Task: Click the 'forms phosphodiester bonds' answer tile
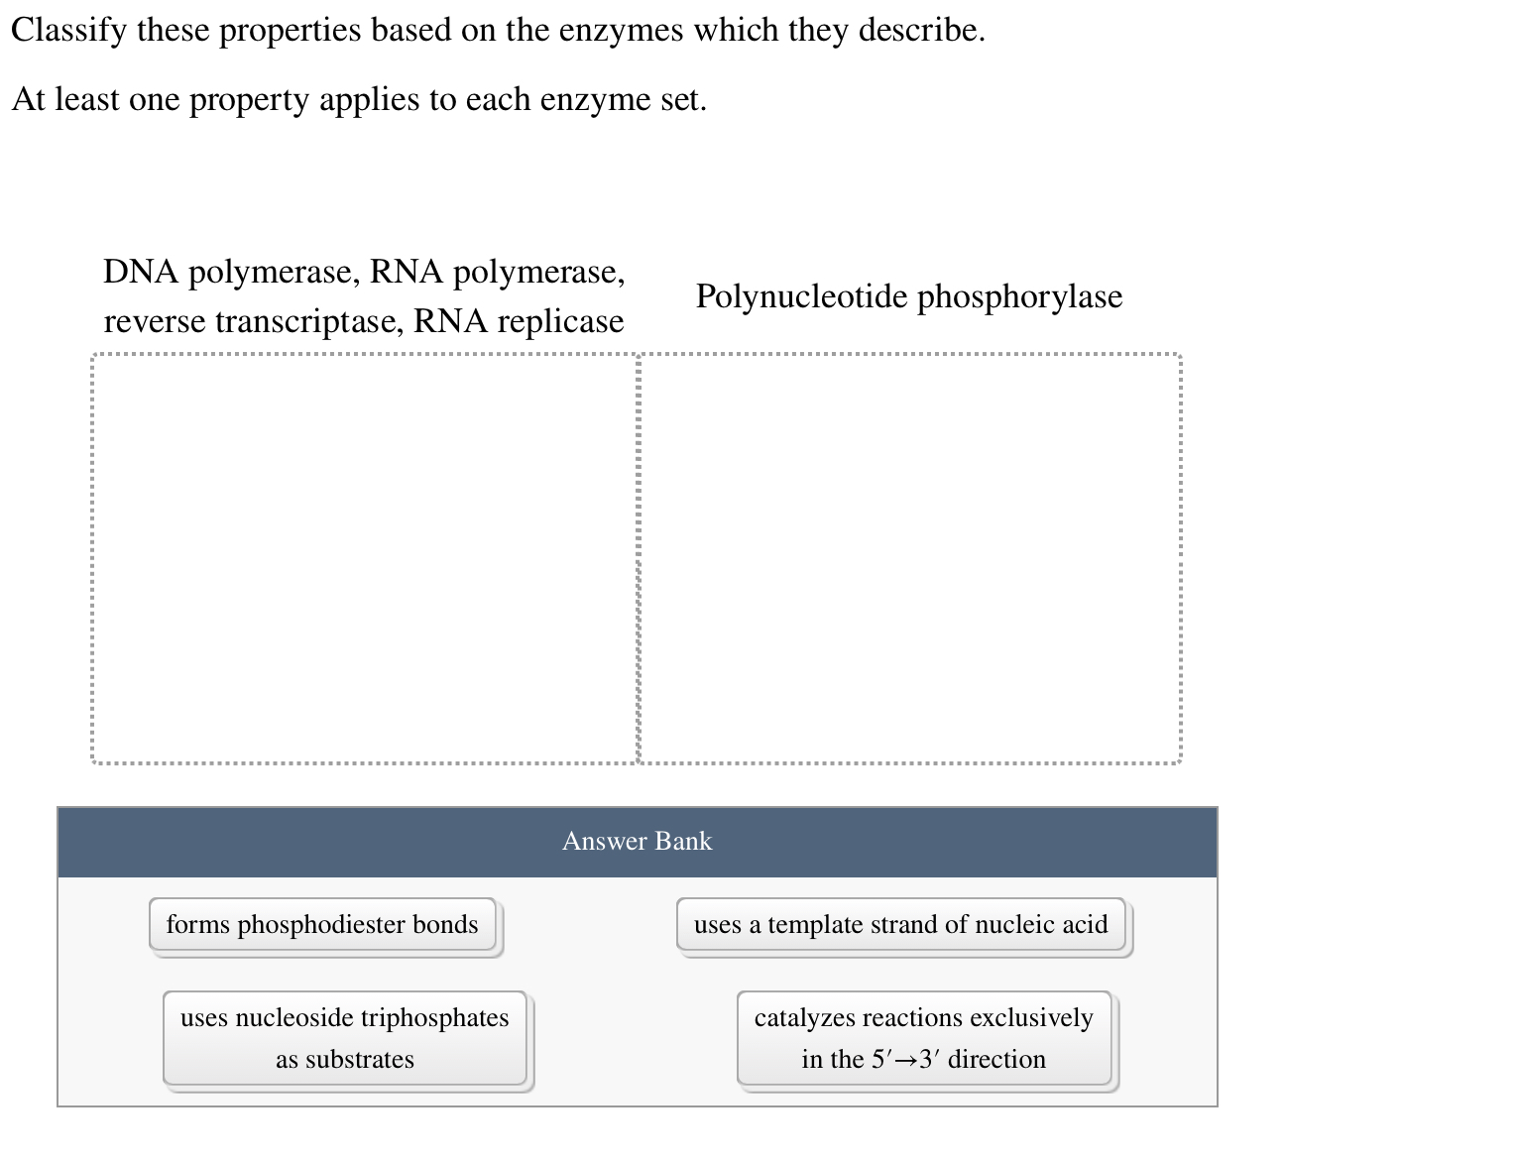322,925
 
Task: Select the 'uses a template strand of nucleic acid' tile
900,925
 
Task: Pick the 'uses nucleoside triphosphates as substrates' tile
344,1038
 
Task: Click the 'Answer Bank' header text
637,842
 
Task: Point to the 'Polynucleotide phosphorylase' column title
908,296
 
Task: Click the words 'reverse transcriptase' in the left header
253,321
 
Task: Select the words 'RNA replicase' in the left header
519,321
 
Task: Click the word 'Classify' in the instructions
69,31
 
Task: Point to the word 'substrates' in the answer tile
359,1060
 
